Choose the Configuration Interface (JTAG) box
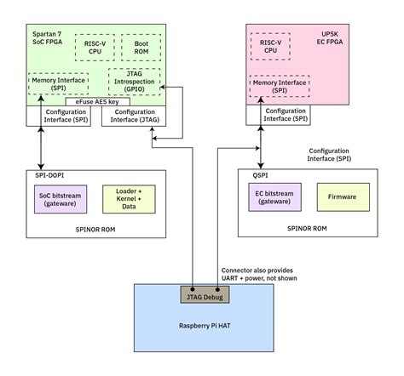(134, 117)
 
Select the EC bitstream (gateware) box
(273, 197)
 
